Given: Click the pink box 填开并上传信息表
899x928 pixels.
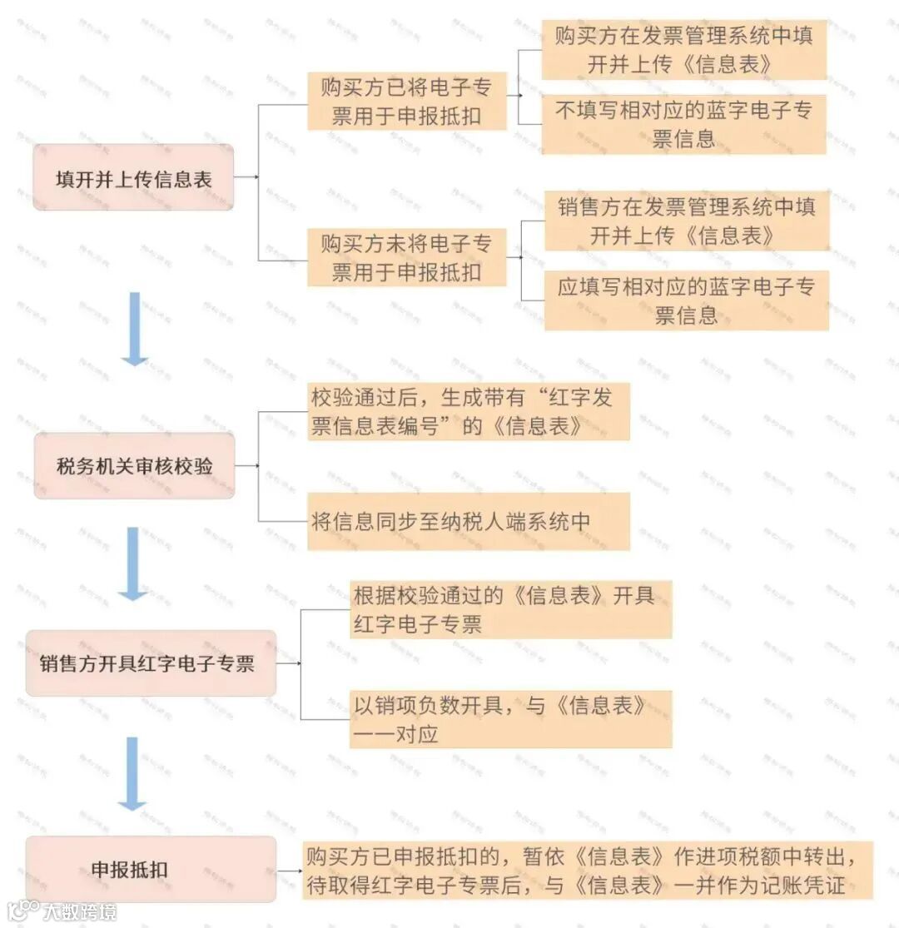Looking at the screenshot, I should coord(133,177).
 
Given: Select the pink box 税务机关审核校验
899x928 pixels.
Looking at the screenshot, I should coord(134,466).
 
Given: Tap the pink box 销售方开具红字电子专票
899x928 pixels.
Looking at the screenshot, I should coord(151,663).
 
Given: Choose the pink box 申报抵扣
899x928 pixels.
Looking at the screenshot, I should coord(151,870).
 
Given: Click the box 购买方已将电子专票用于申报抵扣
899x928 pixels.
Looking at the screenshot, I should coord(406,102).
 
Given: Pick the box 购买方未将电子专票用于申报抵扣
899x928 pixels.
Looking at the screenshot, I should coord(406,258).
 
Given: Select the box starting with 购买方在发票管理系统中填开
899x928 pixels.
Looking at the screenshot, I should coord(683,50).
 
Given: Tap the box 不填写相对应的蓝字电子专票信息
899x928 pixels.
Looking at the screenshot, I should coord(683,124).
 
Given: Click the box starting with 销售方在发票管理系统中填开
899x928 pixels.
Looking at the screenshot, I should coord(687,221).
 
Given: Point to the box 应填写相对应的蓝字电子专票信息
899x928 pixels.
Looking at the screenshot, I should coord(687,300).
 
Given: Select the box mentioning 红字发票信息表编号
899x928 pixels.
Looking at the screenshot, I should coord(468,411).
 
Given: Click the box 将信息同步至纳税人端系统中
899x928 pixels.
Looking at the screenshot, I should coord(468,522).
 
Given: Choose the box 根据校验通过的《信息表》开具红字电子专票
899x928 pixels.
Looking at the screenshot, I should coord(510,610).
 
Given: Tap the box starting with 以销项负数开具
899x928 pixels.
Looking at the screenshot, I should coord(510,719).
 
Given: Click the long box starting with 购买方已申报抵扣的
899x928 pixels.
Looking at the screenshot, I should coord(587,870).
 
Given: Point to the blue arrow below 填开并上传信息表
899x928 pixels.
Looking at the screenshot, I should coord(134,329).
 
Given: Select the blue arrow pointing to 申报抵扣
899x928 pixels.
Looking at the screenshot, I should coord(132,773).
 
